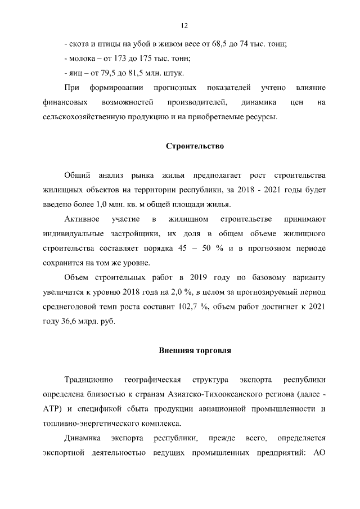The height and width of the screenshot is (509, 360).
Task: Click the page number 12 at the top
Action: pyautogui.click(x=183, y=25)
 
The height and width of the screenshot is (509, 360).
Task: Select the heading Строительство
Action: pyautogui.click(x=195, y=146)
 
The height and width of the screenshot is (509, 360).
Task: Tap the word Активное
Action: pyautogui.click(x=82, y=218)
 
